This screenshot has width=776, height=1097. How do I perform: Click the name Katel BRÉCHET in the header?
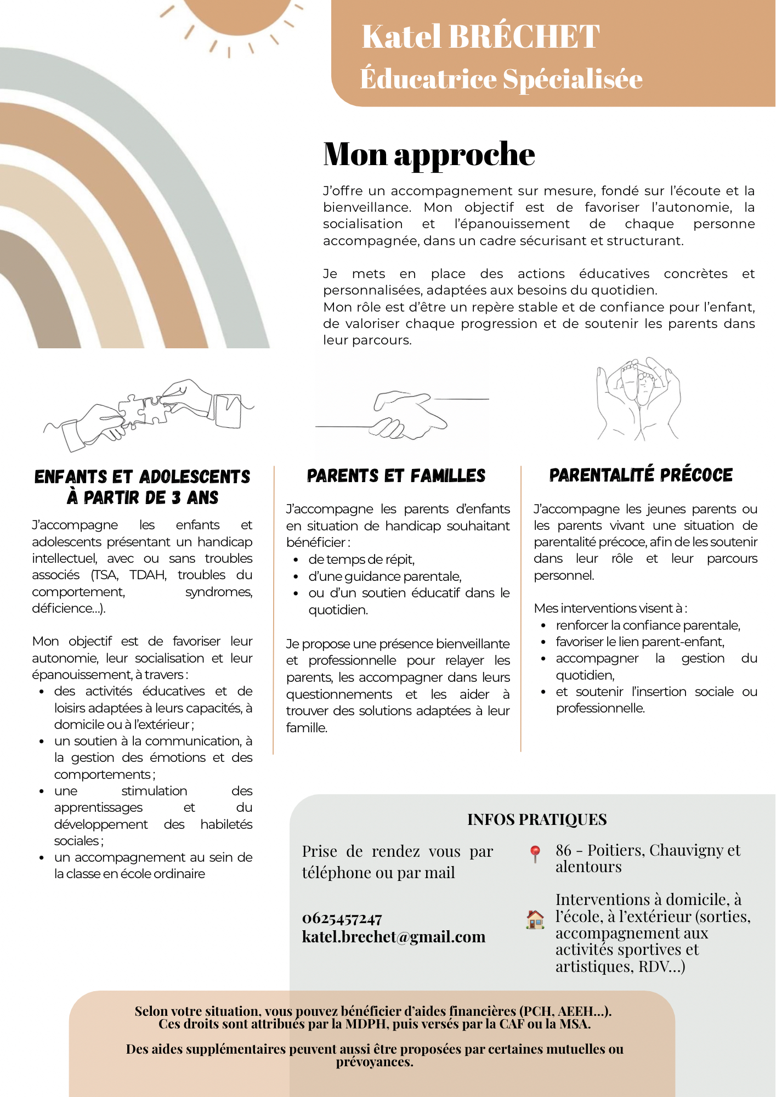click(480, 37)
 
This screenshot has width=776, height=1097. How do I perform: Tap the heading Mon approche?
click(429, 154)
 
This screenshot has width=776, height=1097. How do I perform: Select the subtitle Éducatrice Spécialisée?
click(501, 79)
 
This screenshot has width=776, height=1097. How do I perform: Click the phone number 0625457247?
click(342, 918)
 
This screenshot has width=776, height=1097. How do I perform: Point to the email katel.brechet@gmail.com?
click(394, 937)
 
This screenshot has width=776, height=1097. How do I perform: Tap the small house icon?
click(535, 919)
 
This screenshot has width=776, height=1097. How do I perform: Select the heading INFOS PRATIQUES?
click(537, 819)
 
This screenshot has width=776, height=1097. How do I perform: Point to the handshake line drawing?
click(403, 414)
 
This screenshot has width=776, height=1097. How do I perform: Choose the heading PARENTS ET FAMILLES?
click(396, 476)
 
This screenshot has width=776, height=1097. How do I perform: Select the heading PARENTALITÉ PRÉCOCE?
click(641, 475)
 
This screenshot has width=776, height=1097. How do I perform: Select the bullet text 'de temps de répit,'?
click(361, 559)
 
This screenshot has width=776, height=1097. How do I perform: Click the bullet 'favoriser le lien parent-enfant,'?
click(640, 642)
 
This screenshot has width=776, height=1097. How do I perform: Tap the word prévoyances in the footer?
click(375, 1062)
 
